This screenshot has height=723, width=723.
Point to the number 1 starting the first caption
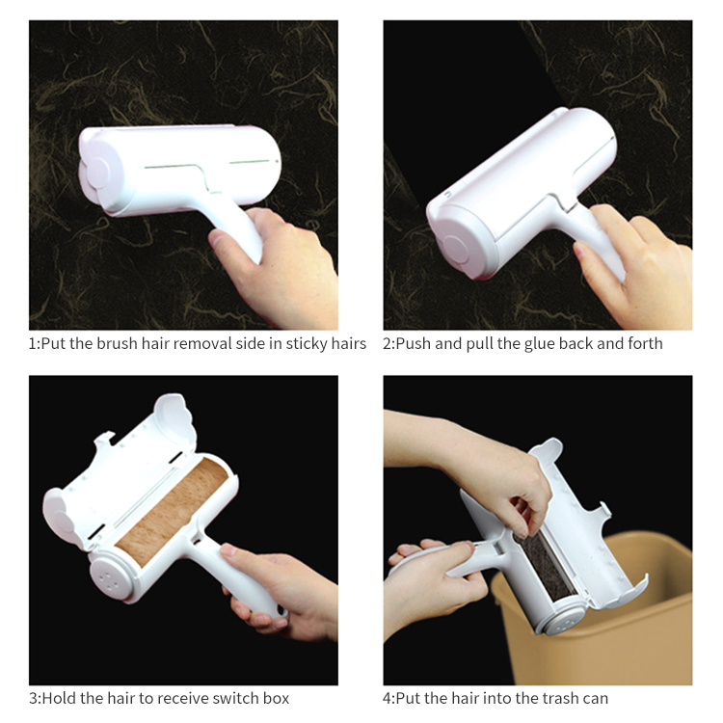[x=33, y=344]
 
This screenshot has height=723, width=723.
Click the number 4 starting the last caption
[x=388, y=698]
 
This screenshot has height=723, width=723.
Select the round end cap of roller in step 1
[x=96, y=174]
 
